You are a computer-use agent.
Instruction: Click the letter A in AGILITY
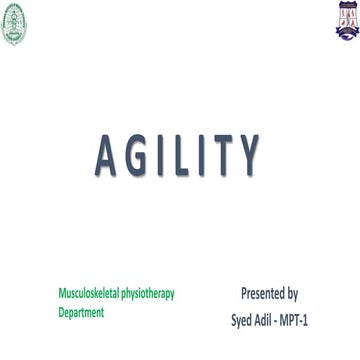(x=105, y=157)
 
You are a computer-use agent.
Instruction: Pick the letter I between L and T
(x=203, y=157)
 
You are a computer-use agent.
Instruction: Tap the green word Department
(x=81, y=312)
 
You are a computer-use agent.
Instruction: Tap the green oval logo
(x=13, y=23)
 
